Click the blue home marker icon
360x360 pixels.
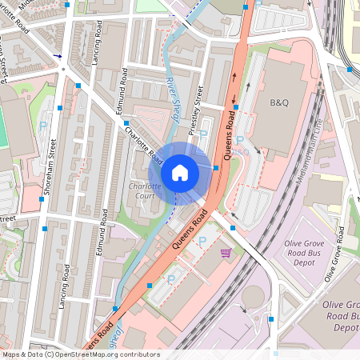180,172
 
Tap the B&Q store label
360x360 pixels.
278,103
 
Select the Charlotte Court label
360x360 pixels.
145,193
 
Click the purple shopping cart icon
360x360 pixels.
226,253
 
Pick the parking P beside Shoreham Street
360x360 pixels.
44,117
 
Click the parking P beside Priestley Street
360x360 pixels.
202,135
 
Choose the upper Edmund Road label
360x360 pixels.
124,90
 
